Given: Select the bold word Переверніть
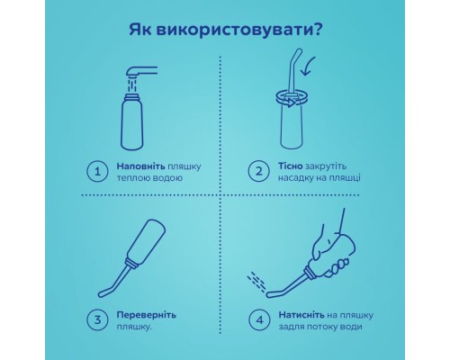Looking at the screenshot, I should [x=147, y=312].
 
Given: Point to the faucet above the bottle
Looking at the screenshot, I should [x=144, y=71].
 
